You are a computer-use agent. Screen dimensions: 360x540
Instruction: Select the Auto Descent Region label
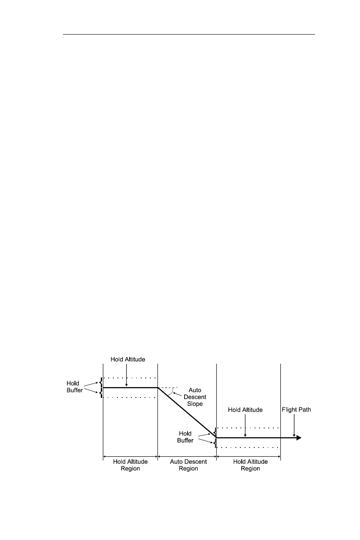(x=187, y=465)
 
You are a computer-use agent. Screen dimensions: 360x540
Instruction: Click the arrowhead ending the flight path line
(x=298, y=438)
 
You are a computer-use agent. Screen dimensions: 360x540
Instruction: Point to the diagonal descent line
(x=187, y=412)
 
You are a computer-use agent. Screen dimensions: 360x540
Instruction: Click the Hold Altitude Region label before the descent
(x=130, y=465)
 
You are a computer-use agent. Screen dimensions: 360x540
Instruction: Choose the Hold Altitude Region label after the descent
(x=250, y=465)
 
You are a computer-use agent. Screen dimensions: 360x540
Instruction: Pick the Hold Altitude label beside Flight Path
(x=245, y=410)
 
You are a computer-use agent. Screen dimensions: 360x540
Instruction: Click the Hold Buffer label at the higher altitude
(x=75, y=386)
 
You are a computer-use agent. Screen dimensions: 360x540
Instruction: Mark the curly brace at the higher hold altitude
(x=100, y=388)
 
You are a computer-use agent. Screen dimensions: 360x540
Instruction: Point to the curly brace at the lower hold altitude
(x=215, y=437)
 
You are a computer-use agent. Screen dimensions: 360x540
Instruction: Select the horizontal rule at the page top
(x=189, y=35)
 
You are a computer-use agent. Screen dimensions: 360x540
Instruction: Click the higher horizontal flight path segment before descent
(x=130, y=388)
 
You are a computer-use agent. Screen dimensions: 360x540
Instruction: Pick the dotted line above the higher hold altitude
(x=130, y=378)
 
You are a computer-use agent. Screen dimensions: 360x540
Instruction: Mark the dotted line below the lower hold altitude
(x=248, y=447)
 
